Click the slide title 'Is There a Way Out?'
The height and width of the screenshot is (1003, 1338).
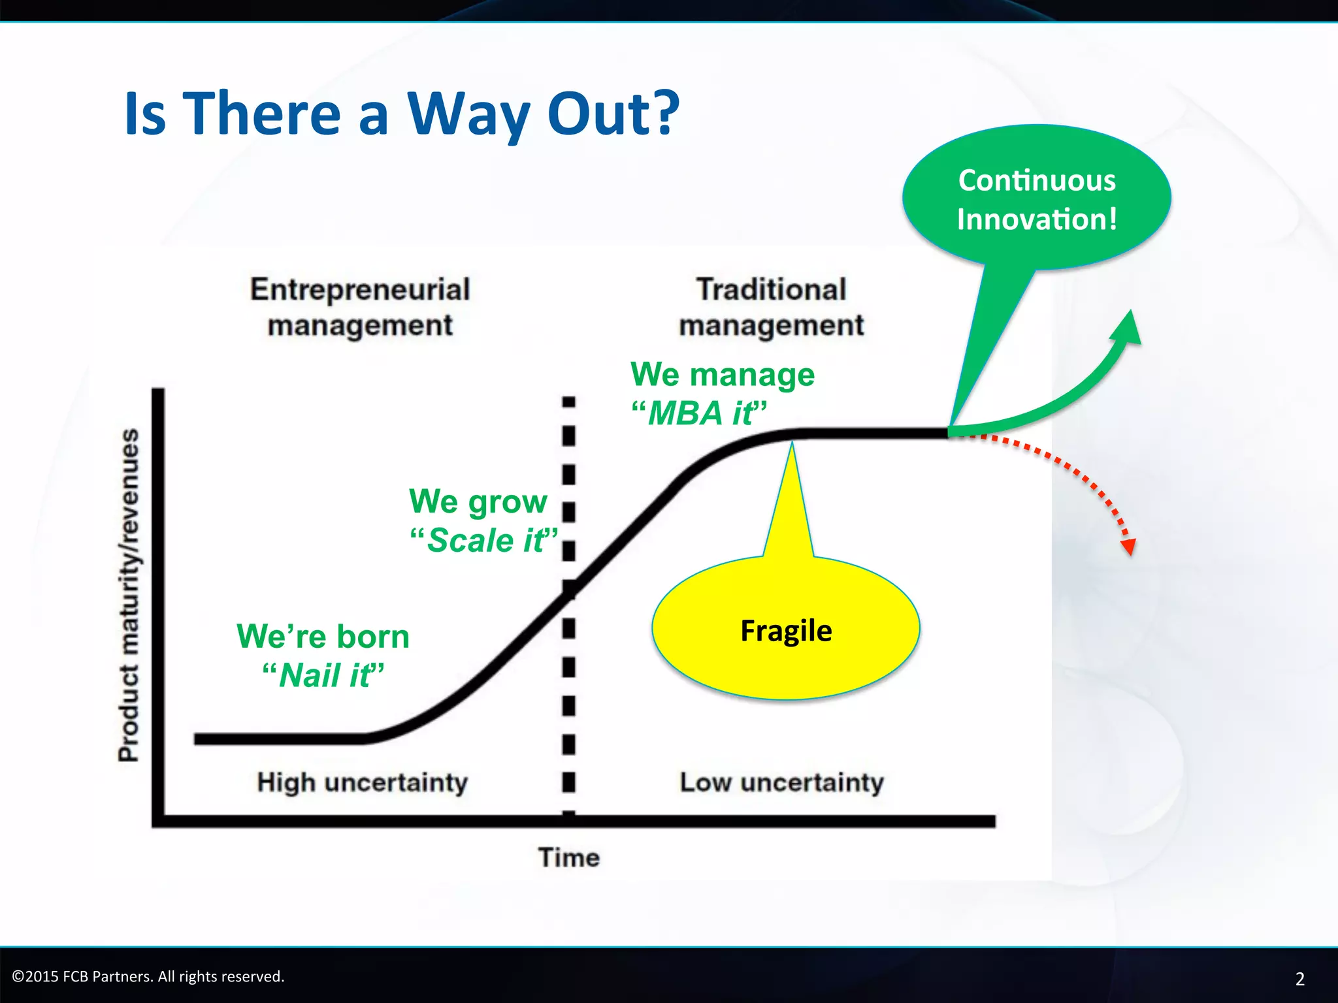[x=402, y=114]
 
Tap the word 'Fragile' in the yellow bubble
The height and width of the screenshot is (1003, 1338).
[x=786, y=631]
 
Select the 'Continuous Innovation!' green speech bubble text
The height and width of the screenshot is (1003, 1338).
[x=1037, y=199]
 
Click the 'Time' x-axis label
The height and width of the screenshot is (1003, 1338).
[x=568, y=857]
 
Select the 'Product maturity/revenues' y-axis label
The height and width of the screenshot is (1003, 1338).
[x=129, y=594]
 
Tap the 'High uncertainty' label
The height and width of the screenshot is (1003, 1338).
[x=362, y=782]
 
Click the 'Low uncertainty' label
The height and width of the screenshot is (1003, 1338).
[x=781, y=782]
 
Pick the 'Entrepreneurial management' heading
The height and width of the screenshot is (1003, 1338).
[x=360, y=307]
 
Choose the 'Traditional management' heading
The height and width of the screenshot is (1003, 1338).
[x=771, y=307]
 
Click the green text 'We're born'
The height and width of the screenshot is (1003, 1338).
[x=323, y=636]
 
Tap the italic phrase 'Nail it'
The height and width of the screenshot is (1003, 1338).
[x=323, y=675]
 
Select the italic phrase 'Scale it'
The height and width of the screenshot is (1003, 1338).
[x=485, y=541]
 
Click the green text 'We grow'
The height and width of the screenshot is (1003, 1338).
[x=478, y=501]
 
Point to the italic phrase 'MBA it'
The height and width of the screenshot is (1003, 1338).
[x=699, y=413]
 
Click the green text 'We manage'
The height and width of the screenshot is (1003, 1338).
[x=723, y=374]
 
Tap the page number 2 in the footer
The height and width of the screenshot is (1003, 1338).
[x=1299, y=978]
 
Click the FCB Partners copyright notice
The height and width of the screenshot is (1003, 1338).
[x=148, y=976]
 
